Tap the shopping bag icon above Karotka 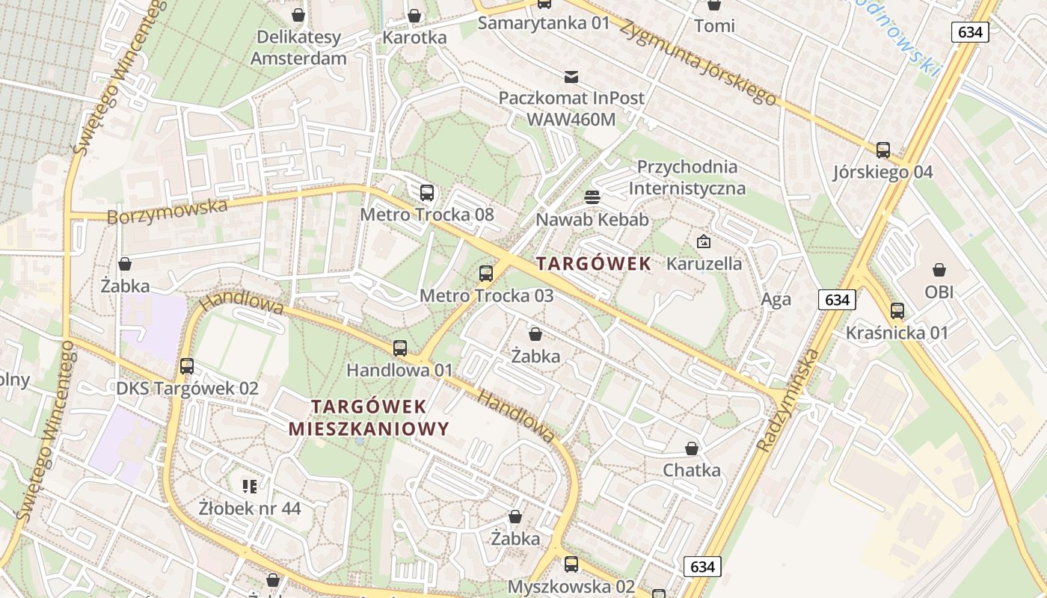tap(414, 16)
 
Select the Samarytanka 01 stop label tap(544, 22)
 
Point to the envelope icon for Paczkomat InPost tap(571, 76)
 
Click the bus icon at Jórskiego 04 tap(883, 150)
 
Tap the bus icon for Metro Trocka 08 tap(427, 193)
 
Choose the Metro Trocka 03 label tap(486, 295)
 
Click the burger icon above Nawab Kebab tap(592, 197)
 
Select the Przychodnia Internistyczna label tap(687, 177)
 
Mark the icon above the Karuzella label tap(704, 241)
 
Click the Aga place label tap(776, 300)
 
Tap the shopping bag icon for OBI tap(939, 270)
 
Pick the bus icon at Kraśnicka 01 tap(897, 311)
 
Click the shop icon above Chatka tap(692, 449)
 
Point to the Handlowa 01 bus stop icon tap(400, 348)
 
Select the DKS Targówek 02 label tap(187, 388)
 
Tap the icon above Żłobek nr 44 tap(250, 487)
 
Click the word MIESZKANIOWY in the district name tap(369, 429)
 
